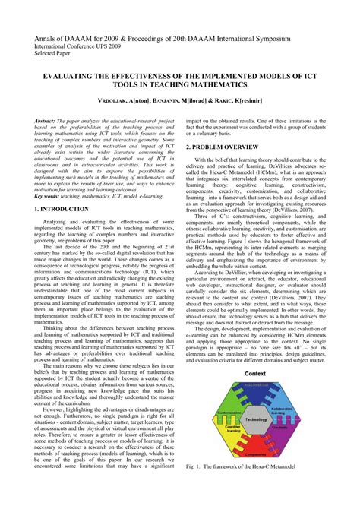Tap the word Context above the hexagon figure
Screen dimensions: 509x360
pyautogui.click(x=256, y=395)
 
